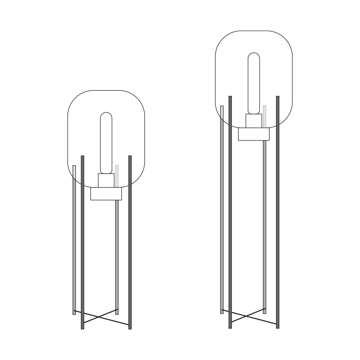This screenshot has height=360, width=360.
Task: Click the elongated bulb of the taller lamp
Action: point(254,84)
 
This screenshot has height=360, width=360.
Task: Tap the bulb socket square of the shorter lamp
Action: point(106,181)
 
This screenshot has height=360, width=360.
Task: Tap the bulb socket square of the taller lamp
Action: point(254,121)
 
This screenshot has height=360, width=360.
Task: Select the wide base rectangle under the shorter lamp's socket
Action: point(106,194)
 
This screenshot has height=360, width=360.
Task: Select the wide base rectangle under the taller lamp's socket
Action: point(254,134)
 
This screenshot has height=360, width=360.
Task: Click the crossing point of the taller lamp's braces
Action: point(247,316)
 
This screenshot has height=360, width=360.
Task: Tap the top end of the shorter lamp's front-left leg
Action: point(82,157)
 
